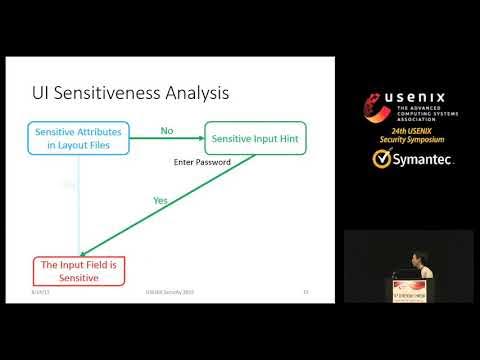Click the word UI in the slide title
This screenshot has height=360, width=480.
pos(44,94)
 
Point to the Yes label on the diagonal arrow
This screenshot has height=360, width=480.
pos(160,200)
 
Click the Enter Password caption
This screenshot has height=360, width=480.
pos(203,162)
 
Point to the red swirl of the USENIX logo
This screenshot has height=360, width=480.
pos(378,104)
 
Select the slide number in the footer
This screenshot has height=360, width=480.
pos(305,292)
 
